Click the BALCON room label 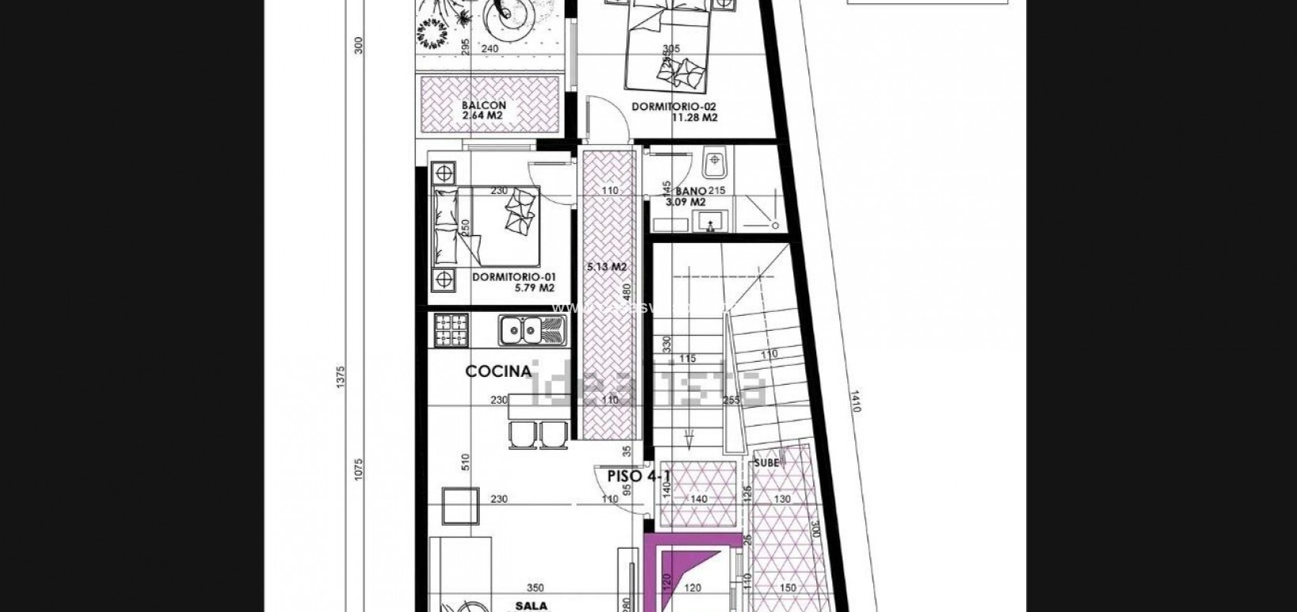click(483, 105)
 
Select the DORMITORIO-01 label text click(508, 276)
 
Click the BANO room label click(691, 191)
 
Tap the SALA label click(531, 604)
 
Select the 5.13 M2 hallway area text click(607, 267)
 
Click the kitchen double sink click(531, 329)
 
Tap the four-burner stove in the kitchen click(451, 330)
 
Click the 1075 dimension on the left click(358, 469)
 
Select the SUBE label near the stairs click(766, 462)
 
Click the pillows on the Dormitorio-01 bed click(519, 211)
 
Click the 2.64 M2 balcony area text click(483, 116)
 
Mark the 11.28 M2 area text click(694, 117)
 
